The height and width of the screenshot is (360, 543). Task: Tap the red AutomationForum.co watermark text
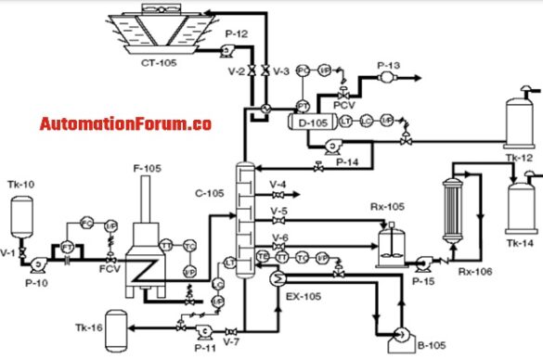tap(125, 122)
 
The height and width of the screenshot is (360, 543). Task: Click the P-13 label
tap(388, 65)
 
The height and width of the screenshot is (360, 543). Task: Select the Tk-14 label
tap(520, 242)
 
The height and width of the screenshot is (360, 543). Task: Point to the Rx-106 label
tap(474, 271)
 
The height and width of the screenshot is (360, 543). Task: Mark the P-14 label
tap(347, 162)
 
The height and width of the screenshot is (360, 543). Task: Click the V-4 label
tap(278, 184)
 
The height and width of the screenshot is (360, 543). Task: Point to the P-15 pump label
tap(423, 279)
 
